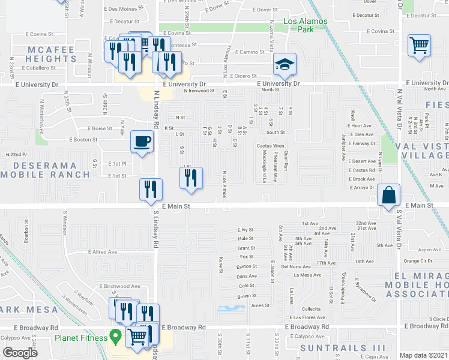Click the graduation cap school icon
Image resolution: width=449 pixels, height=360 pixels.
point(286,64)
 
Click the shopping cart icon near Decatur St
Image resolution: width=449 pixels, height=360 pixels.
point(419,46)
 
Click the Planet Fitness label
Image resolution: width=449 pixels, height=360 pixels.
point(81,338)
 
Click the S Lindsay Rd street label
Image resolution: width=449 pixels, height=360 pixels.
point(155,229)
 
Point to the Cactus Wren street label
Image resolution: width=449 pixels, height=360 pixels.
point(270,146)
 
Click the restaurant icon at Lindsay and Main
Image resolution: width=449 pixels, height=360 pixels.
point(151,189)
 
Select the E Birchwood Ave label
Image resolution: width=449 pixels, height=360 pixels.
point(120,286)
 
